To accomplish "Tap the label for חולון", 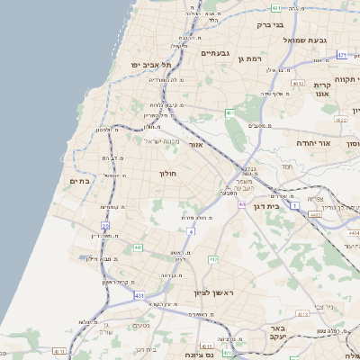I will pos(168,173).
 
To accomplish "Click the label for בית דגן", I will pos(287,206).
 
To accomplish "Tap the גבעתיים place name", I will pos(216,54).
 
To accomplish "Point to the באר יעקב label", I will pos(276,335).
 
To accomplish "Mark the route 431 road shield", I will pos(139,295).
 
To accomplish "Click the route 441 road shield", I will pos(138,247).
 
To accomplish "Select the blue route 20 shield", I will pos(105,225).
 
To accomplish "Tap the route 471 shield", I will pos(342,55).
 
